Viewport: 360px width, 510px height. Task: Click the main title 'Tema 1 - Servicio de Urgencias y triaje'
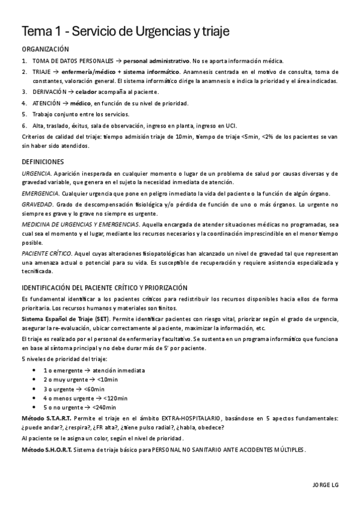125,31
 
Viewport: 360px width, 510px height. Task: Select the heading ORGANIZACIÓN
45,49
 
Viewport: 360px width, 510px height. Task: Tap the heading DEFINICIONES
43,162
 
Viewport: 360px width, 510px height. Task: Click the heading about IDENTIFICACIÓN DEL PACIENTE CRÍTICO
105,287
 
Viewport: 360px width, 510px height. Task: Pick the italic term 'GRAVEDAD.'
37,204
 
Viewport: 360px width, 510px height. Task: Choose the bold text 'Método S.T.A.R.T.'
46,418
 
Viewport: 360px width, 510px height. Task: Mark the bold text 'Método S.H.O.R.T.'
46,449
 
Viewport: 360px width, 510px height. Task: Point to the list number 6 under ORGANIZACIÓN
24,125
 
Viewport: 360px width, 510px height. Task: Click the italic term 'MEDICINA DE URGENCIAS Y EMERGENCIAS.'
79,224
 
